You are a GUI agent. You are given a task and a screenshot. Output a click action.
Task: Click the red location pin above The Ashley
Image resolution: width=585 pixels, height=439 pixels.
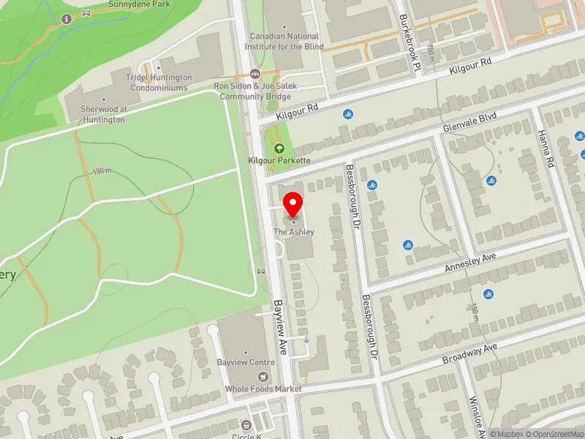click(x=293, y=203)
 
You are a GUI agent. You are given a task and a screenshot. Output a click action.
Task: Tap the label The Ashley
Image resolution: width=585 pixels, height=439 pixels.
click(x=294, y=232)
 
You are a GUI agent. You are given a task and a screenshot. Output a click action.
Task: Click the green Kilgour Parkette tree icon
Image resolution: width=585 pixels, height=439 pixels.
click(x=278, y=149)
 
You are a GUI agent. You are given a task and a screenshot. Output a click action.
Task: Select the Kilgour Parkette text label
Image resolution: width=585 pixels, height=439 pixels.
click(x=279, y=160)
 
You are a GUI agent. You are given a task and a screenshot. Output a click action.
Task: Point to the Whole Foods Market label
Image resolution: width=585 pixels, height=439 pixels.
click(x=263, y=389)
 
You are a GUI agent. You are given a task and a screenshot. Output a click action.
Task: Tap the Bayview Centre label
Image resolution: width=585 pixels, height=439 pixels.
click(x=246, y=362)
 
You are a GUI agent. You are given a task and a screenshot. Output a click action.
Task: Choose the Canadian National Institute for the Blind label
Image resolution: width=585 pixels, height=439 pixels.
click(x=285, y=40)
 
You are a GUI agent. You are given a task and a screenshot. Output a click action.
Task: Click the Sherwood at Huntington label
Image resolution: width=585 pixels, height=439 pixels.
click(x=103, y=114)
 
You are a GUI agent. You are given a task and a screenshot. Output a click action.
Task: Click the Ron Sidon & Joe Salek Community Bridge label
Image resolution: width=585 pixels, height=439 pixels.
click(x=252, y=90)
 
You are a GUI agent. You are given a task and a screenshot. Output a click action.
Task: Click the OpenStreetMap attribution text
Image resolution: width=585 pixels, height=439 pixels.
click(x=554, y=434)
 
